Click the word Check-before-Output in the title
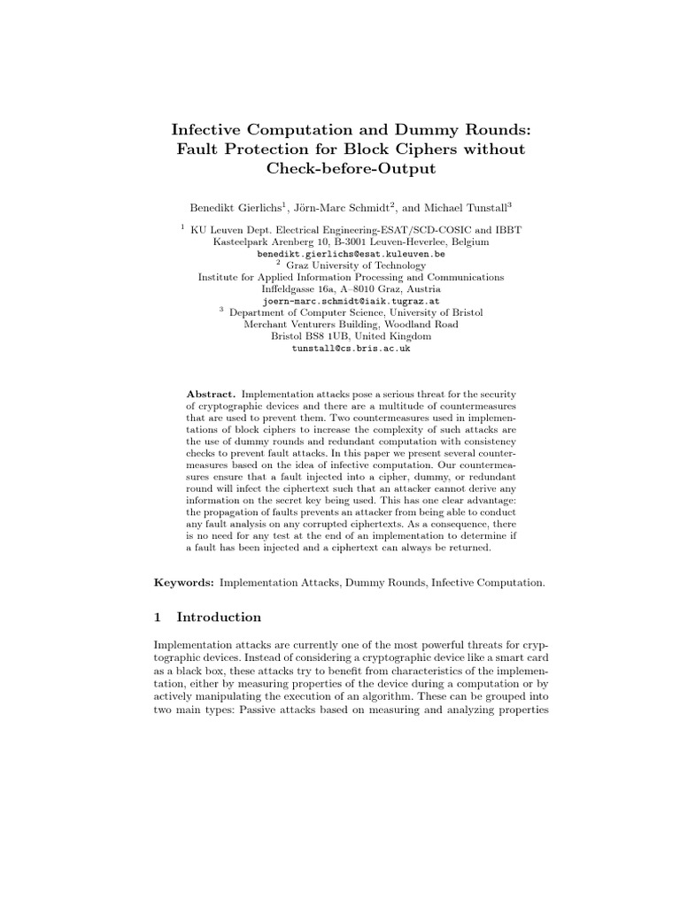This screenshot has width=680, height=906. [340, 169]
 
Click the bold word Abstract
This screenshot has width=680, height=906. [211, 393]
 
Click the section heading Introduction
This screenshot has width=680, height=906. [220, 617]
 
